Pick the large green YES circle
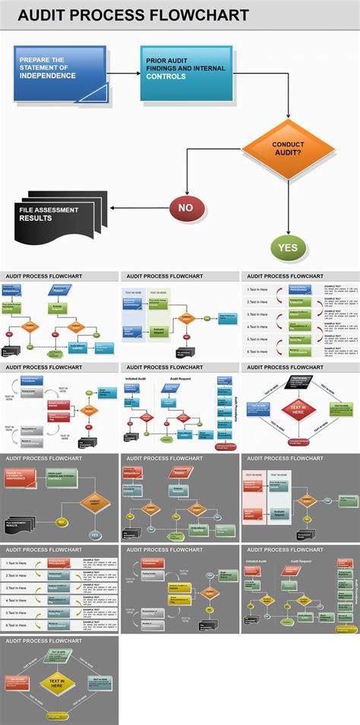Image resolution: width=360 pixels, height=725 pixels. [289, 247]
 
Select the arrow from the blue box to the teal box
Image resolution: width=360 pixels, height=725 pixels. [124, 73]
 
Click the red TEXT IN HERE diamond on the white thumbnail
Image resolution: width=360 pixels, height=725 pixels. [298, 410]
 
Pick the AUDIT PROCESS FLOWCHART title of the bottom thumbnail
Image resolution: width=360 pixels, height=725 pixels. [44, 641]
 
